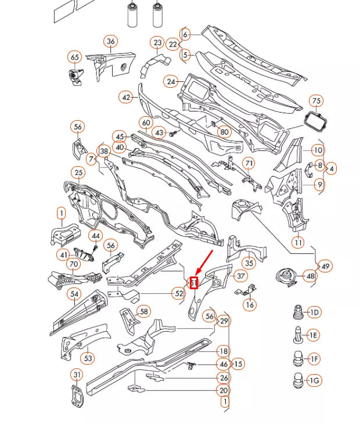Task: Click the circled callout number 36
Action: pyautogui.click(x=110, y=41)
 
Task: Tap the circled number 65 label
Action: pyautogui.click(x=74, y=57)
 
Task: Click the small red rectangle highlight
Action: pyautogui.click(x=195, y=283)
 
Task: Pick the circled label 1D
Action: pyautogui.click(x=314, y=313)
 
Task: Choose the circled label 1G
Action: pyautogui.click(x=314, y=381)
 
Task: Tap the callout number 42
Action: pyautogui.click(x=127, y=98)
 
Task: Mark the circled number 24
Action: pyautogui.click(x=171, y=82)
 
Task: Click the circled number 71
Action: pyautogui.click(x=249, y=163)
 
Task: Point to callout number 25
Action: pyautogui.click(x=78, y=173)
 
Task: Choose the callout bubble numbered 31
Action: pyautogui.click(x=77, y=374)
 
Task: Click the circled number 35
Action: pyautogui.click(x=249, y=263)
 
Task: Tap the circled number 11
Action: pyautogui.click(x=298, y=242)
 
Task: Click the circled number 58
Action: pyautogui.click(x=143, y=312)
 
